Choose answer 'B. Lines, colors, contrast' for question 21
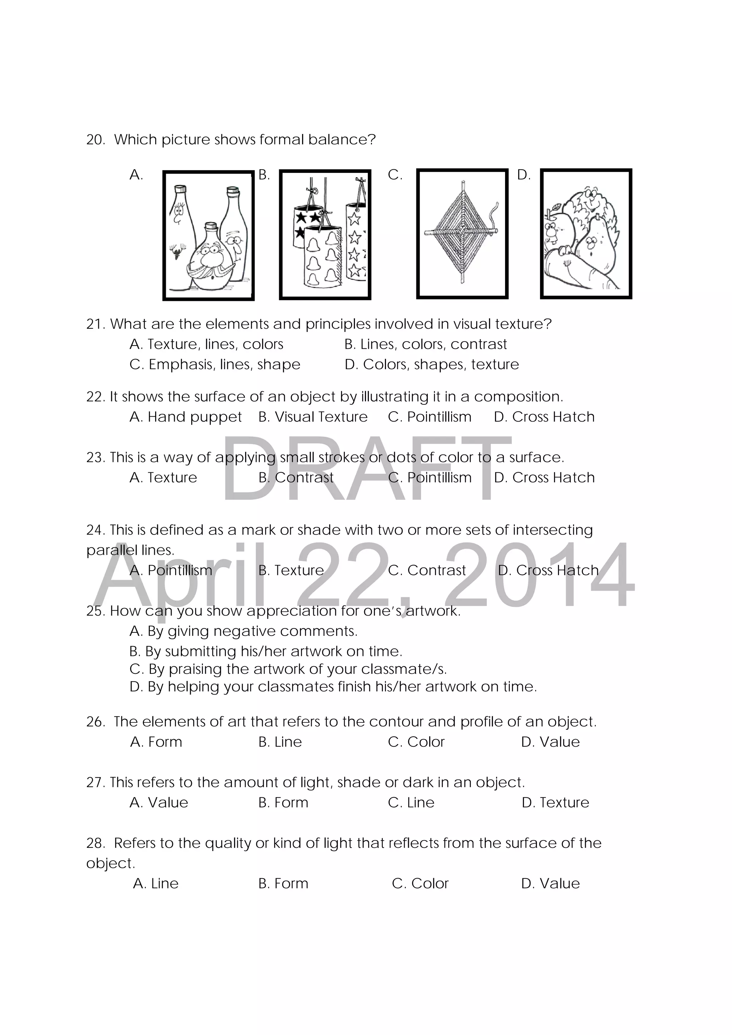[x=425, y=344]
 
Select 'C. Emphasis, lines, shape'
[x=215, y=364]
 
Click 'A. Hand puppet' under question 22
[x=186, y=417]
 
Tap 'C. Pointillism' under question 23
[x=429, y=477]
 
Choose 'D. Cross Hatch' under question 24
[x=548, y=570]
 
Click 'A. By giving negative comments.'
[x=243, y=631]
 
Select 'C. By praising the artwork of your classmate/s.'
[x=288, y=669]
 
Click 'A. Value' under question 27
[x=158, y=802]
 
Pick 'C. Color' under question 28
[x=420, y=883]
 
